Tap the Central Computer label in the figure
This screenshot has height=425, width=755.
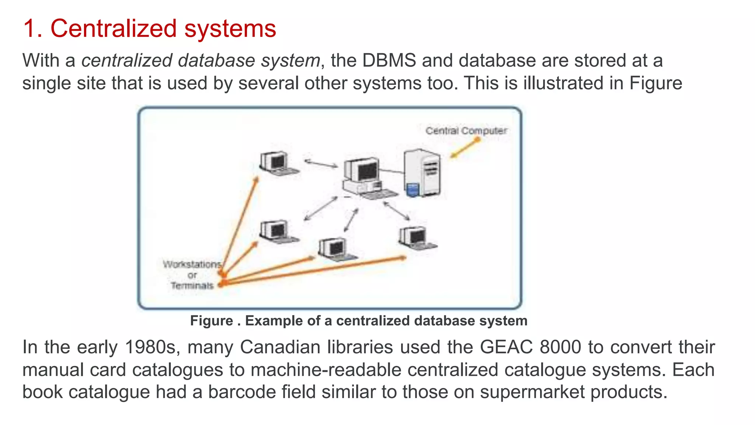pyautogui.click(x=466, y=131)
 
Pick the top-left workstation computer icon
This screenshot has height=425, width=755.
pyautogui.click(x=277, y=163)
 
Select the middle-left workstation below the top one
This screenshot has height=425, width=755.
pyautogui.click(x=277, y=232)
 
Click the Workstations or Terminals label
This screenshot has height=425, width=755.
pyautogui.click(x=192, y=275)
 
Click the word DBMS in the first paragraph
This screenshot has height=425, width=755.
pyautogui.click(x=389, y=61)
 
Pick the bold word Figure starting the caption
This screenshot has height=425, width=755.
pyautogui.click(x=212, y=321)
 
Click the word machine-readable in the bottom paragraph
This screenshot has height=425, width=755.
pyautogui.click(x=326, y=370)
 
